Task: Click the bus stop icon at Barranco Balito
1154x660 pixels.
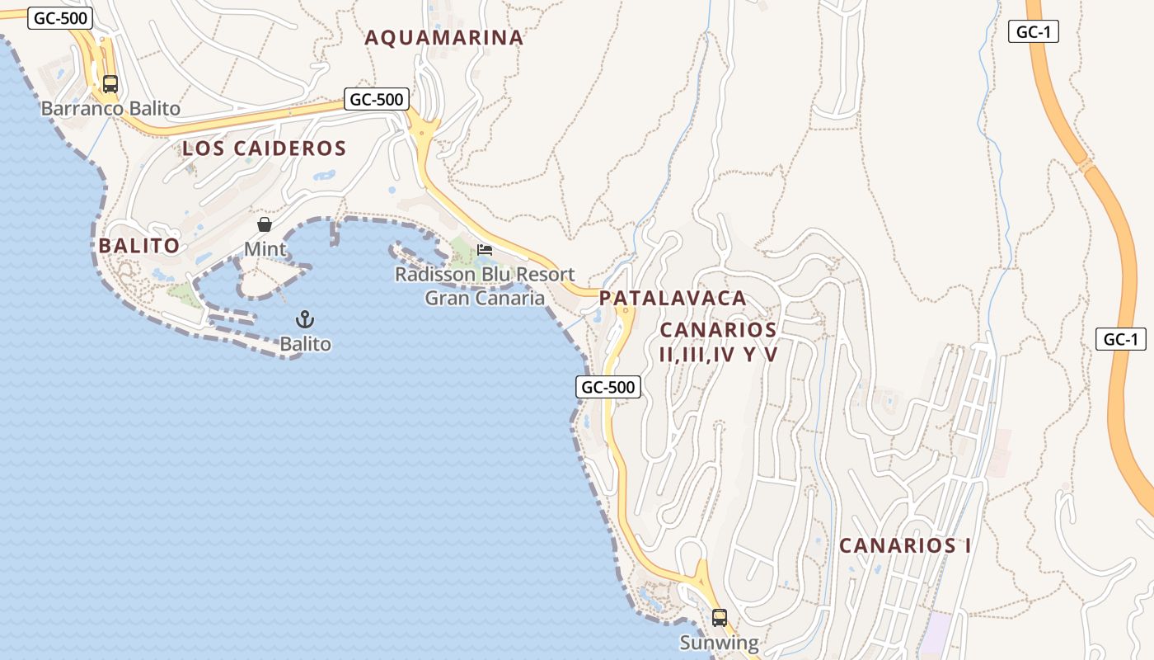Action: click(110, 83)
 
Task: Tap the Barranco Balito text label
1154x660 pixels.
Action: click(110, 108)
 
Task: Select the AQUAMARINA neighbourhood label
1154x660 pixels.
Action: click(444, 38)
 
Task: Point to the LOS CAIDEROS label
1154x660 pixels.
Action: click(264, 148)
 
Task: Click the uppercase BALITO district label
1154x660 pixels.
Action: click(138, 246)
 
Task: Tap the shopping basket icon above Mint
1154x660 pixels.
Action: click(265, 224)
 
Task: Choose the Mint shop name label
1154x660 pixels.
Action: click(265, 248)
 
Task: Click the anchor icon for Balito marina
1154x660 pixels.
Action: click(305, 318)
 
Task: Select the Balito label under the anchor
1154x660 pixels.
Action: click(305, 343)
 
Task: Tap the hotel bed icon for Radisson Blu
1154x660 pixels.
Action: click(485, 249)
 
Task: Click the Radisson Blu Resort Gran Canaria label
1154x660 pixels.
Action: click(485, 285)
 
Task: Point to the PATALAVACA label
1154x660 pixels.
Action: click(673, 298)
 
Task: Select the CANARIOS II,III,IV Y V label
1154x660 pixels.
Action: click(719, 342)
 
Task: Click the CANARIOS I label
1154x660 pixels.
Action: click(905, 545)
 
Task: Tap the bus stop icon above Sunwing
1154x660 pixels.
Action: click(719, 617)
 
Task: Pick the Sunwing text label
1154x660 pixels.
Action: click(719, 643)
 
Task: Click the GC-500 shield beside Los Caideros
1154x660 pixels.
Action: click(377, 100)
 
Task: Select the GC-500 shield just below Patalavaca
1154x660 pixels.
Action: click(608, 387)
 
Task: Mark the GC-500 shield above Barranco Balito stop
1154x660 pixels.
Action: click(60, 18)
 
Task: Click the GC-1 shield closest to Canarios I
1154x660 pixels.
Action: click(1121, 338)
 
